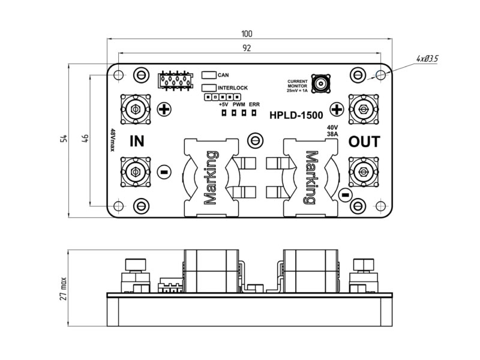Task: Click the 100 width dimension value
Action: point(246,34)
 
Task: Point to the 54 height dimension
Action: point(64,139)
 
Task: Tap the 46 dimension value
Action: point(85,139)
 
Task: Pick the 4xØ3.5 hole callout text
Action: point(427,58)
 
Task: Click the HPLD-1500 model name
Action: point(296,115)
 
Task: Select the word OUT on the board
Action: point(364,142)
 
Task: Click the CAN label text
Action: point(223,76)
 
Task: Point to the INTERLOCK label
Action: point(233,88)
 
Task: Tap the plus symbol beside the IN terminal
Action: point(164,109)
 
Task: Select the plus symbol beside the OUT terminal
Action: point(337,109)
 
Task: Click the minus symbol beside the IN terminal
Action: point(164,172)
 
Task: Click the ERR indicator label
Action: point(254,104)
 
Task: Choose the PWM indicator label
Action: point(238,104)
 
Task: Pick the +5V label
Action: point(224,104)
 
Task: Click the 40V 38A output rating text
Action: point(333,131)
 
